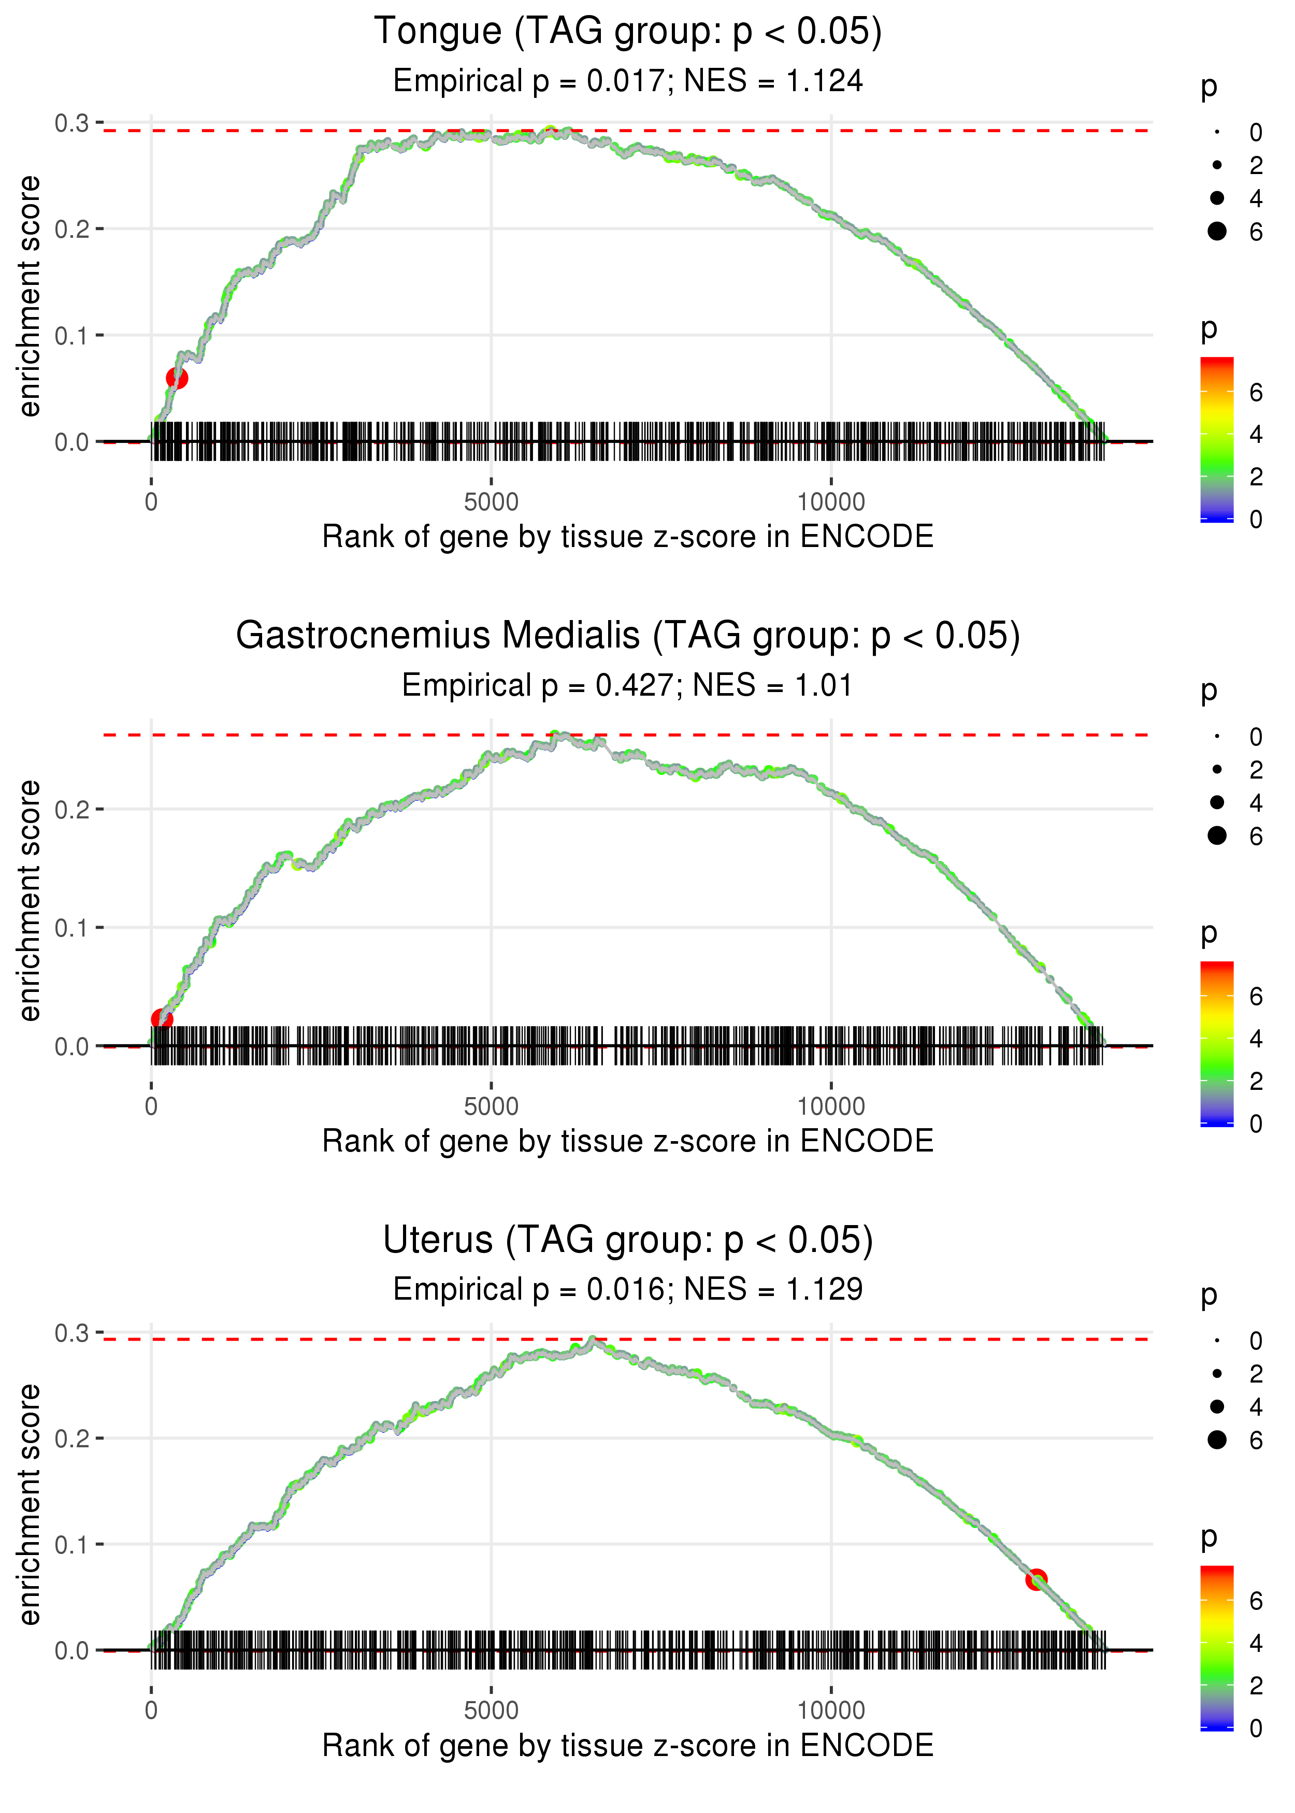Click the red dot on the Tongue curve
click(x=177, y=378)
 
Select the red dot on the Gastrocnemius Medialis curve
click(x=162, y=1019)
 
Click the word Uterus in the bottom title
click(x=438, y=1241)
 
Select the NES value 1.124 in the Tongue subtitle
click(x=825, y=81)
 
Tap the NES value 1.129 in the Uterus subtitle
click(x=825, y=1290)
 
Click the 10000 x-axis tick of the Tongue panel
click(x=831, y=502)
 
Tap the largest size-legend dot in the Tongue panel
click(x=1217, y=231)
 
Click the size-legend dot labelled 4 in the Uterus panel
click(x=1217, y=1406)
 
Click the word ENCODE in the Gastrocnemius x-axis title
click(x=867, y=1141)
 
